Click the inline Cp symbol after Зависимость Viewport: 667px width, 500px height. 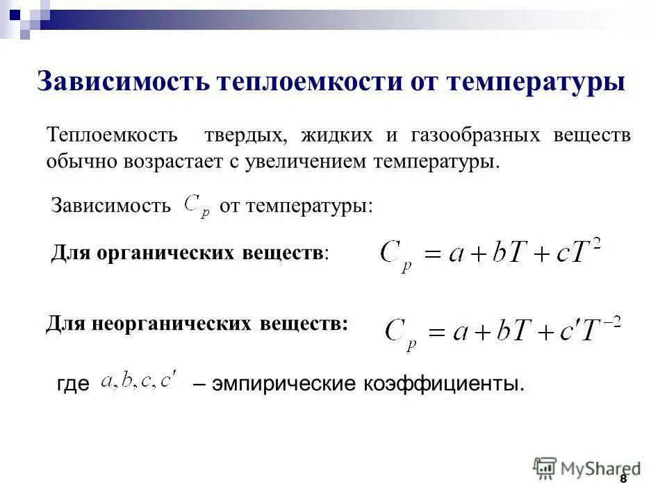(196, 206)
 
